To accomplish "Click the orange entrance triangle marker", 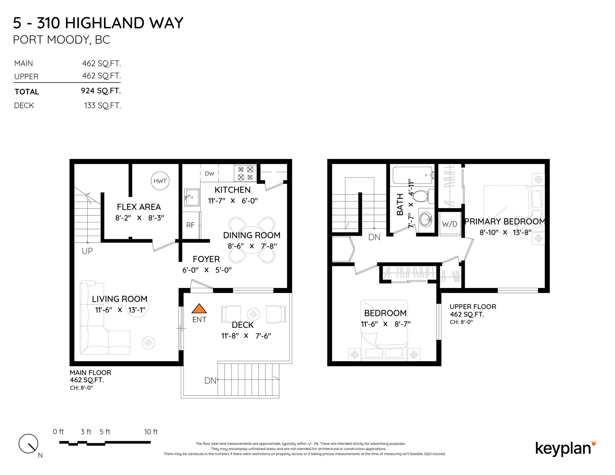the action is (199, 309).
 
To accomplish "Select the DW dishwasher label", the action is (210, 174).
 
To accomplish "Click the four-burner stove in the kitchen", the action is (245, 173).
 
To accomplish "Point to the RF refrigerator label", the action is (190, 225).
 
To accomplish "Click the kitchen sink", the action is (192, 197).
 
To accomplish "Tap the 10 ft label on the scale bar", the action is (151, 432).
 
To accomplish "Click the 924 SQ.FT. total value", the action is (101, 91).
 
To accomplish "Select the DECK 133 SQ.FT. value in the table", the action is (103, 106).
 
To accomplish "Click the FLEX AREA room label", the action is (139, 207).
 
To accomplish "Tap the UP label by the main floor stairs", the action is (87, 251).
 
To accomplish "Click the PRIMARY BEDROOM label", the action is (505, 222).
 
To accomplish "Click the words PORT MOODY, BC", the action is (61, 40).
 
